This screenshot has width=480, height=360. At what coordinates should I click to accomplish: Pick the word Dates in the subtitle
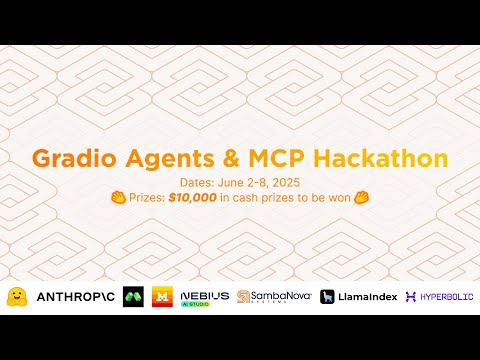coord(191,182)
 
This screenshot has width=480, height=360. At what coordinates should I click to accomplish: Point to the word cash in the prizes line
coord(254,198)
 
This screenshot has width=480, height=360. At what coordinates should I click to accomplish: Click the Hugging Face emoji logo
coord(17,296)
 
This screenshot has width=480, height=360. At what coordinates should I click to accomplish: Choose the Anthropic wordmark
coord(74,297)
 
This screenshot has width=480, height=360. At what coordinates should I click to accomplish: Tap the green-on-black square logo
coord(133,297)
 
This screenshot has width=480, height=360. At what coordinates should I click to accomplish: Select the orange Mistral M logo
coord(161,297)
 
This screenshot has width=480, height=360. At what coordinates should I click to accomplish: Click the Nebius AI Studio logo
coord(203,297)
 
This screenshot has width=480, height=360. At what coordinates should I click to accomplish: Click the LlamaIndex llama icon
coord(328,297)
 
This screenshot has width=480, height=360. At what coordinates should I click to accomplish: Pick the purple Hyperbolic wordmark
coord(442,297)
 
